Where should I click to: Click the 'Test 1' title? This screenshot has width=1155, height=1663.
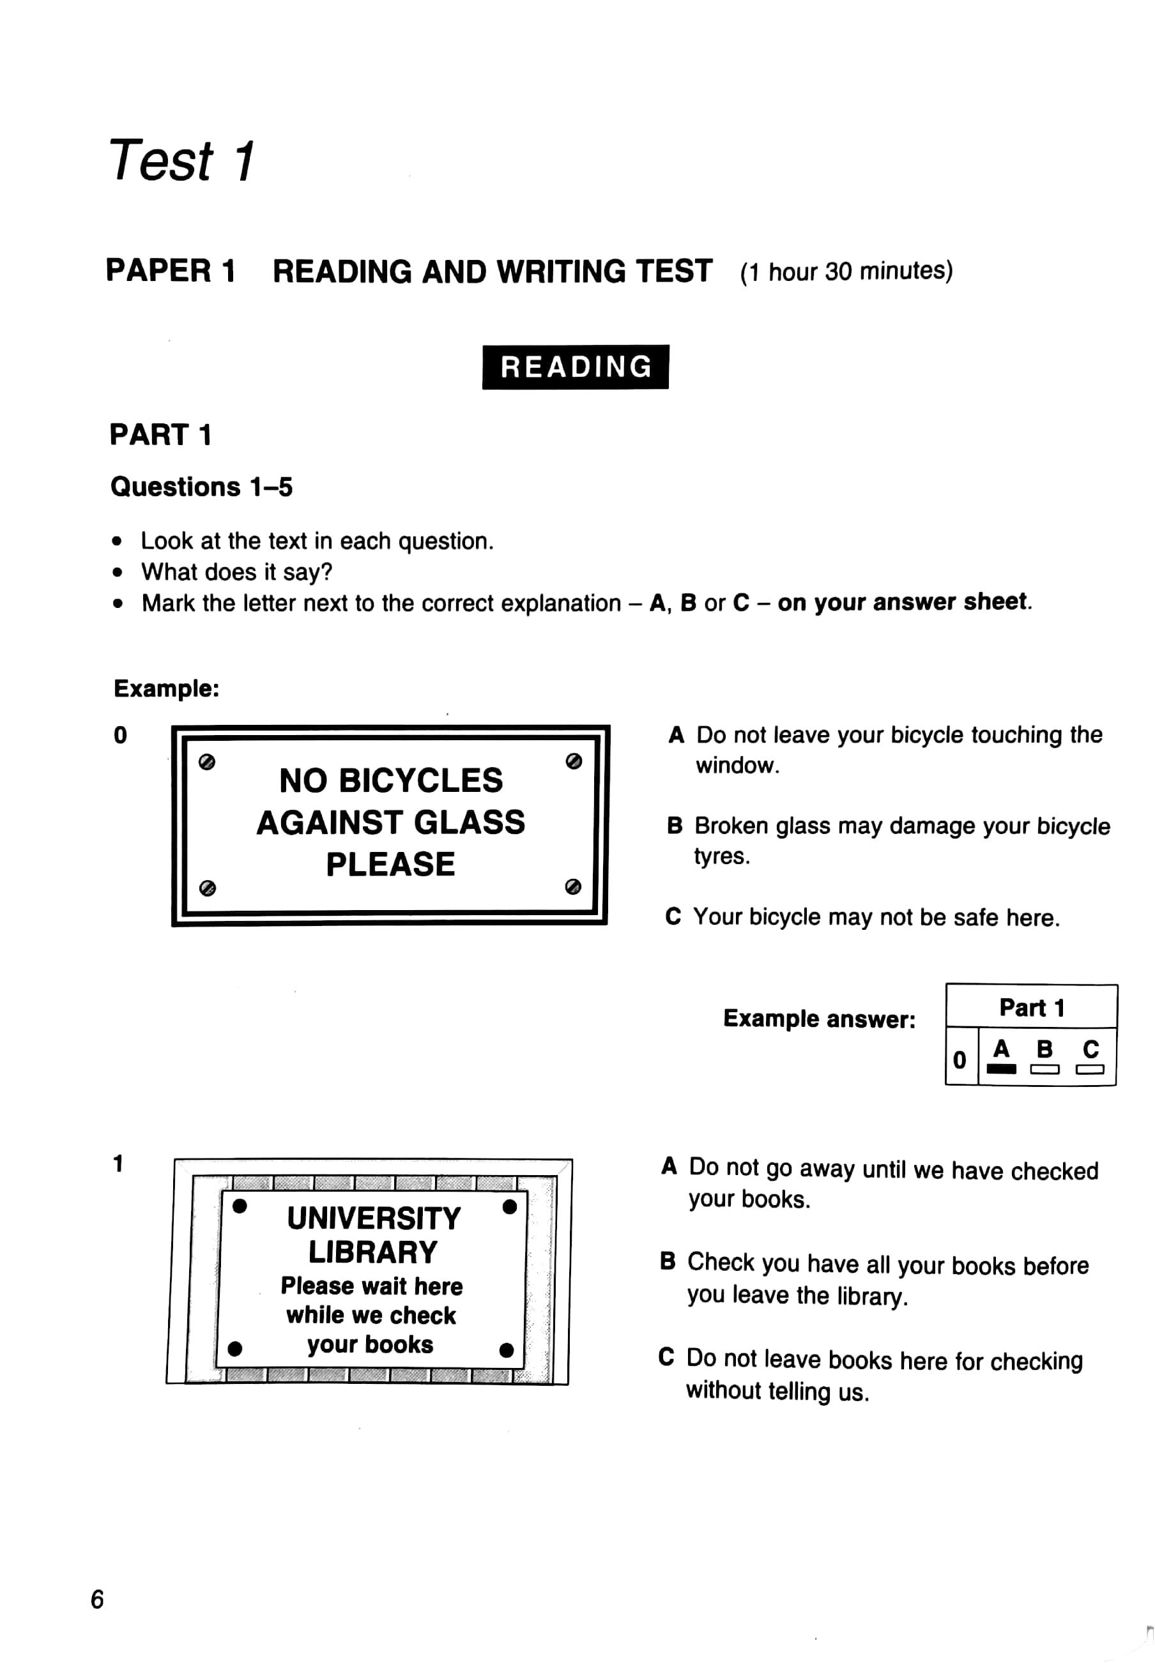coord(181,160)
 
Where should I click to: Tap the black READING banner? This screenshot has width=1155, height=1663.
coord(576,367)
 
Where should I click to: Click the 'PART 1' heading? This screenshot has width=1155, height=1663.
coord(160,435)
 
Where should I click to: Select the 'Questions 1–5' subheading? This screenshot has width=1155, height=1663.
coord(201,487)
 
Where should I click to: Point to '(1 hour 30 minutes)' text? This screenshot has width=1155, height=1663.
coord(845,271)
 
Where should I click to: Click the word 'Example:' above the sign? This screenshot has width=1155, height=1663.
coord(167,688)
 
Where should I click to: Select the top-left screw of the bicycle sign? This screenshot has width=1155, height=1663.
coord(207,762)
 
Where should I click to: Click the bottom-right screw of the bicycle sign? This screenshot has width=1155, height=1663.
coord(572,886)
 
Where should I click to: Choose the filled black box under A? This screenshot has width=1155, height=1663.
coord(1001,1069)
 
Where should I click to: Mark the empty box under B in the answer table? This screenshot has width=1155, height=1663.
coord(1044,1069)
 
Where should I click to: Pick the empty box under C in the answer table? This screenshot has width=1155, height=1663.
coord(1089,1069)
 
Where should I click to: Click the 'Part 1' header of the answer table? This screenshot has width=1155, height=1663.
coord(1031,1007)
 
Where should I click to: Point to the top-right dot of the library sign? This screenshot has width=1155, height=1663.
coord(510,1206)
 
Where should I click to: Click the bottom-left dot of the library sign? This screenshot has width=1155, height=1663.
coord(234,1348)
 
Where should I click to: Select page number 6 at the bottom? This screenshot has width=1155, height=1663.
coord(97,1598)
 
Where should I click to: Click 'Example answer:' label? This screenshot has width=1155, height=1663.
coord(819,1019)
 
